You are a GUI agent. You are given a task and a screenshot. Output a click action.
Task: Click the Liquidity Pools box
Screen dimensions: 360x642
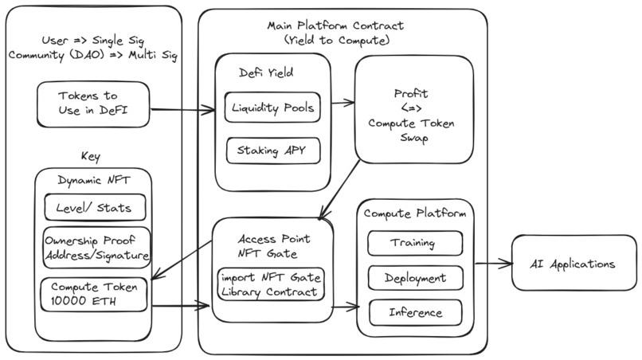tap(272, 108)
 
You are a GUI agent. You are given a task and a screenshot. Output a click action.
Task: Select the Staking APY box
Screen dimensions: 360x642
tap(272, 149)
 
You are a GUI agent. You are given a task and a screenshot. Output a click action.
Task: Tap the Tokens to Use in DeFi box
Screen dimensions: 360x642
tap(92, 104)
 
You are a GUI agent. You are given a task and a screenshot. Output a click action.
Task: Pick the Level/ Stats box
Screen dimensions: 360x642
tap(94, 209)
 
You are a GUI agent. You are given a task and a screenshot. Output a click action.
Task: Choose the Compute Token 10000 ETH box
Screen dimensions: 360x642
tap(94, 294)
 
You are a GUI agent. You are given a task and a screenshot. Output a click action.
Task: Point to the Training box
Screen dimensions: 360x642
tap(414, 242)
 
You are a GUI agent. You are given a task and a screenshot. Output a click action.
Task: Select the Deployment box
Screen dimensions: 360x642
tap(414, 278)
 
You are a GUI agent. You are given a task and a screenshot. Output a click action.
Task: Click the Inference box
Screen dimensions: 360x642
tap(414, 313)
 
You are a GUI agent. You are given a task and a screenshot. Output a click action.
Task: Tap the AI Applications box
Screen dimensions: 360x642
tap(573, 263)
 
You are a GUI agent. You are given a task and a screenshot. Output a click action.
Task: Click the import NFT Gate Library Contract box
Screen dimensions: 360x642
tap(270, 284)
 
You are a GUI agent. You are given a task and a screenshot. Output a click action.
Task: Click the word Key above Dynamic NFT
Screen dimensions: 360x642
tap(91, 157)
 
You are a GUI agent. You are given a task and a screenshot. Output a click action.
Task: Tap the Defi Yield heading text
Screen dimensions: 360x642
tap(267, 72)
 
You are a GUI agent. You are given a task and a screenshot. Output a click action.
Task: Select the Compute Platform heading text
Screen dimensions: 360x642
tap(414, 213)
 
